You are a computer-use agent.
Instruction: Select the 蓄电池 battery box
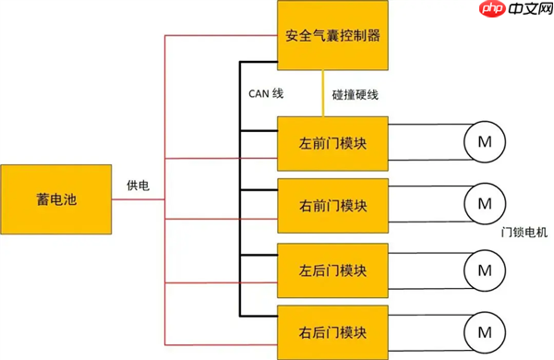tap(56, 199)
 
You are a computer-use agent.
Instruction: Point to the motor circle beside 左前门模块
tap(483, 141)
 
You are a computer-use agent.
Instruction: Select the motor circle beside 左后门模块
tap(483, 270)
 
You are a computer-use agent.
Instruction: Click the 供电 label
tap(138, 186)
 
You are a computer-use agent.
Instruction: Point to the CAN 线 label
tap(266, 94)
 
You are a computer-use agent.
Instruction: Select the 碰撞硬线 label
tap(355, 94)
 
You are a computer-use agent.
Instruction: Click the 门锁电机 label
tap(524, 231)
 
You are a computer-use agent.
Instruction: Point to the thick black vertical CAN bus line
tap(242, 185)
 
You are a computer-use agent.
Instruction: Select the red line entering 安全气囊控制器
tap(222, 37)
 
